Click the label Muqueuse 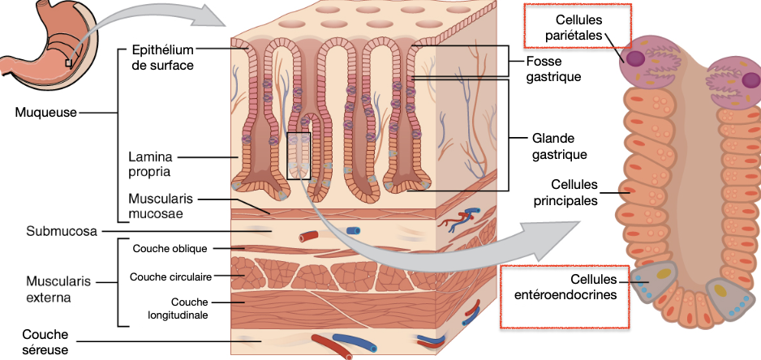(x=45, y=112)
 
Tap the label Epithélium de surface (x=162, y=58)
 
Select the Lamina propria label (x=150, y=163)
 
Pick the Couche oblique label (x=170, y=248)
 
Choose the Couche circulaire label (x=170, y=276)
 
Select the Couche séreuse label (x=45, y=341)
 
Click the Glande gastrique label (x=560, y=145)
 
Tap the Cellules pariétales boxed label (x=578, y=27)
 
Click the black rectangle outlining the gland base (x=299, y=155)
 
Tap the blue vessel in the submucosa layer (x=353, y=231)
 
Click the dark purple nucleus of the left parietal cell (x=634, y=59)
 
